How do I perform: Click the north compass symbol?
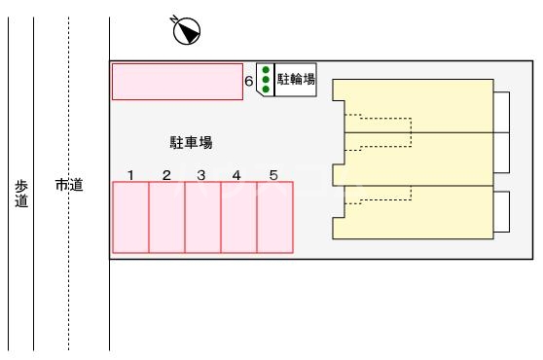click(186, 31)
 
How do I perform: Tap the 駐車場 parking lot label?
click(191, 143)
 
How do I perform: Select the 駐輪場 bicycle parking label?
click(296, 80)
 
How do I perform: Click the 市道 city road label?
click(69, 185)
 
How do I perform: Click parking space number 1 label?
click(130, 175)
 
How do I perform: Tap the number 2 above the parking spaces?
click(166, 175)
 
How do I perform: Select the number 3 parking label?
click(201, 175)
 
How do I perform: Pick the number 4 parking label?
click(236, 175)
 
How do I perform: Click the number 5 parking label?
click(273, 175)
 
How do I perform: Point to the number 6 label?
click(249, 83)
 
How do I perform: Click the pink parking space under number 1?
click(130, 217)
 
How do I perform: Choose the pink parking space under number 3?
click(202, 217)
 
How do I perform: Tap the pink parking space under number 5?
click(274, 217)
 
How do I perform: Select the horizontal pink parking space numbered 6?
click(177, 82)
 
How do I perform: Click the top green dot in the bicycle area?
click(266, 71)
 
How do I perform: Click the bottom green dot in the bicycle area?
click(266, 89)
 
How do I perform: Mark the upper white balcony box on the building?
click(502, 111)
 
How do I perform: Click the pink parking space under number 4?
click(238, 217)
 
